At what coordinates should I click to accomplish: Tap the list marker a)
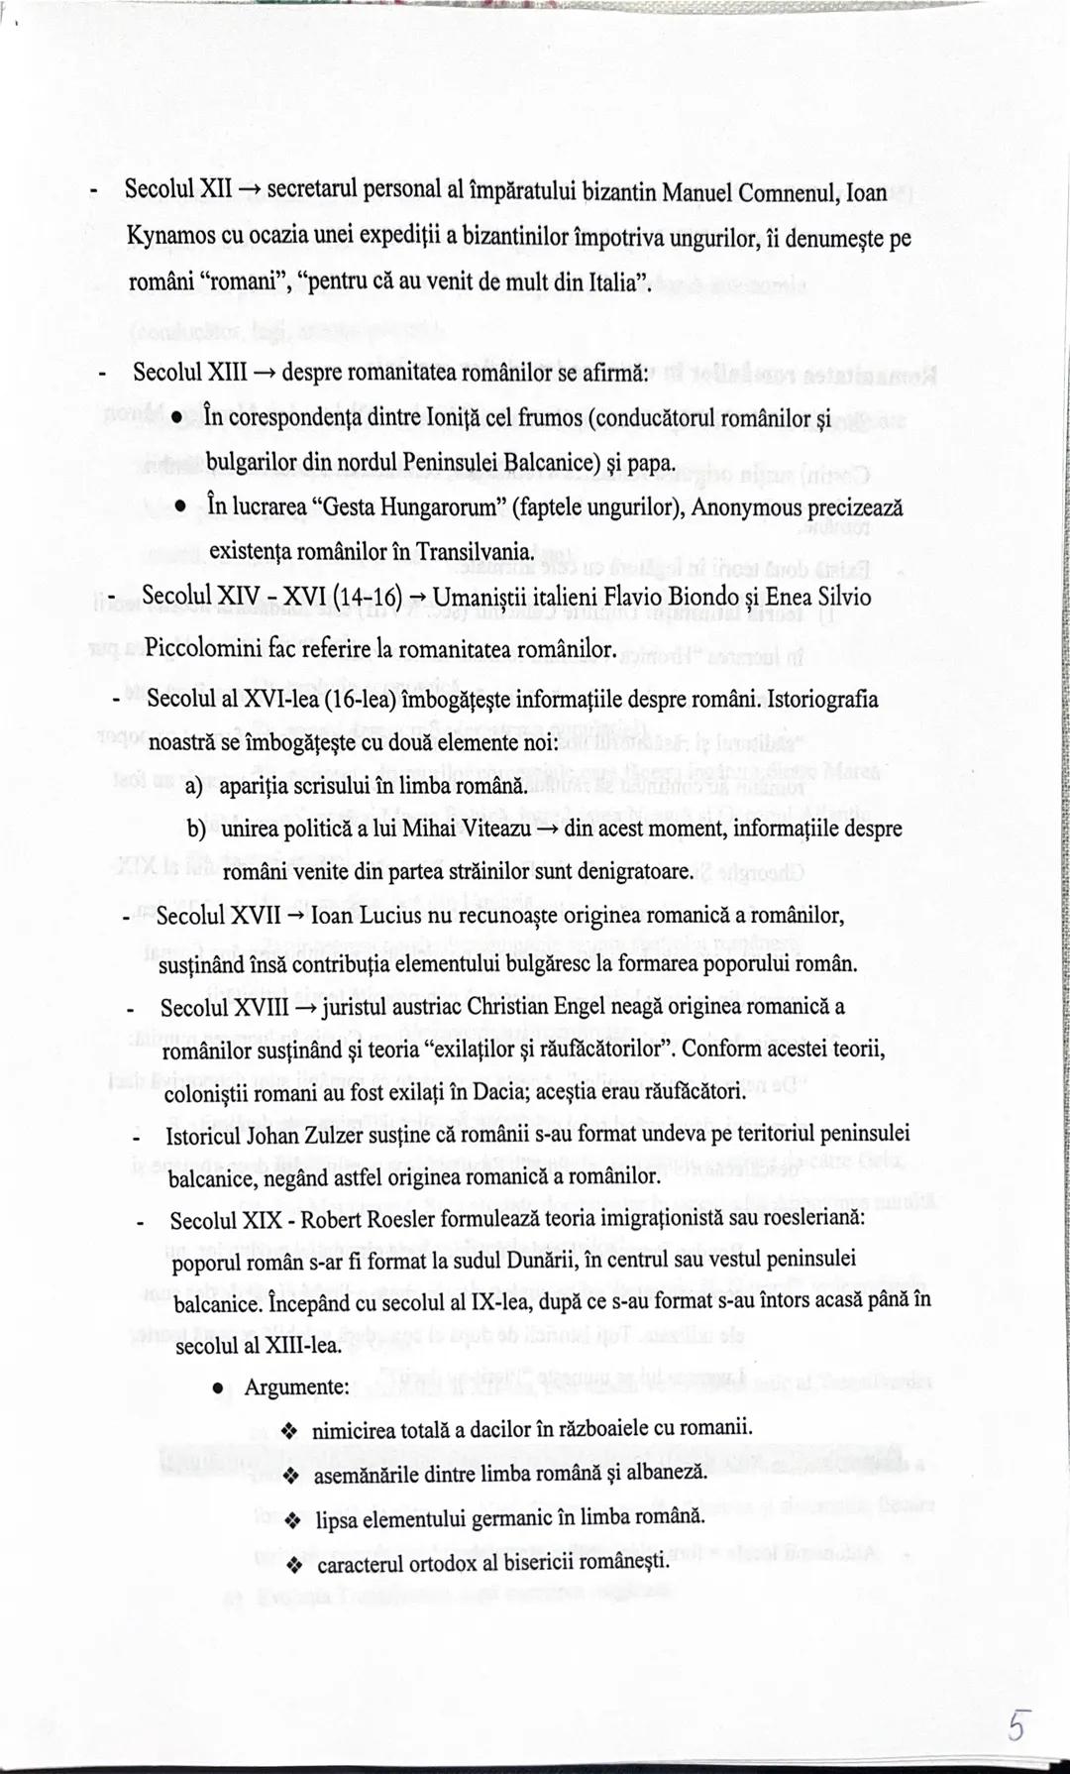click(x=195, y=786)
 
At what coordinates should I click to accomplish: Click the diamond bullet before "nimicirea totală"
click(x=289, y=1430)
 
